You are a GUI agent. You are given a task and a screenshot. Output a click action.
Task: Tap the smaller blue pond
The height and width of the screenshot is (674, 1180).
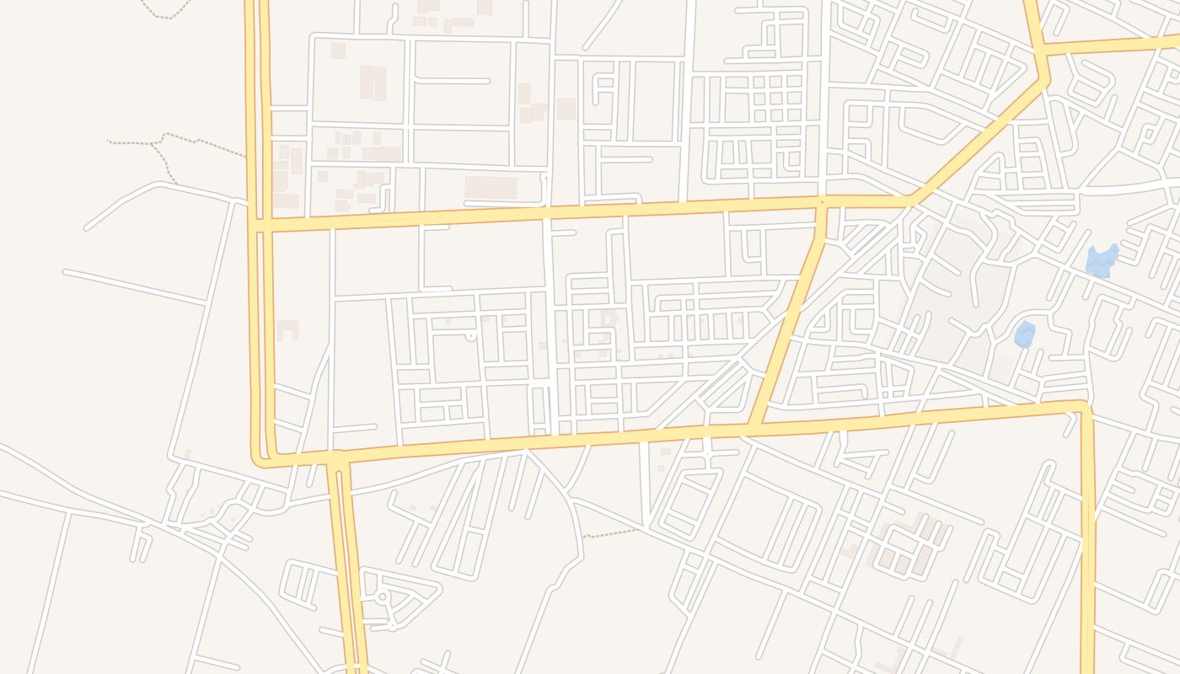pyautogui.click(x=1025, y=334)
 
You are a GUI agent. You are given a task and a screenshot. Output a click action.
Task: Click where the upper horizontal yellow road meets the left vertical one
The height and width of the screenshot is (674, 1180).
pyautogui.click(x=260, y=225)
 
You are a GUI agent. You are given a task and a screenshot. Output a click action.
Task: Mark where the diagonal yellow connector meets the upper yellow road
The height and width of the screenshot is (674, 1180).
pyautogui.click(x=822, y=203)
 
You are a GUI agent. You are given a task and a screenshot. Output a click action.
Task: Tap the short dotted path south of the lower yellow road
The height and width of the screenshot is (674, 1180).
pyautogui.click(x=611, y=532)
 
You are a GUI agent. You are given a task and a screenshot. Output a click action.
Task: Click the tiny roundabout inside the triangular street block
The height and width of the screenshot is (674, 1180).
pyautogui.click(x=382, y=597)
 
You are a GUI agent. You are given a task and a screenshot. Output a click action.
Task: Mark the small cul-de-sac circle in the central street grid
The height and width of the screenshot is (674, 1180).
pyautogui.click(x=470, y=336)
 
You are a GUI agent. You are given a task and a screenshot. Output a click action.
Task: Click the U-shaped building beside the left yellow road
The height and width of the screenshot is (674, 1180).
pyautogui.click(x=287, y=329)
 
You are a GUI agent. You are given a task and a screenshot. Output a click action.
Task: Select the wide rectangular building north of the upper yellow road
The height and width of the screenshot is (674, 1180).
pyautogui.click(x=491, y=187)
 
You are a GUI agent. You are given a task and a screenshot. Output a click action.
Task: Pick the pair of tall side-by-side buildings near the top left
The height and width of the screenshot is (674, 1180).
pyautogui.click(x=373, y=83)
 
